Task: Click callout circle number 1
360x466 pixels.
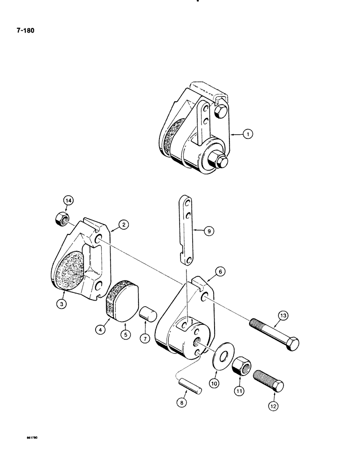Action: click(249, 135)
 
